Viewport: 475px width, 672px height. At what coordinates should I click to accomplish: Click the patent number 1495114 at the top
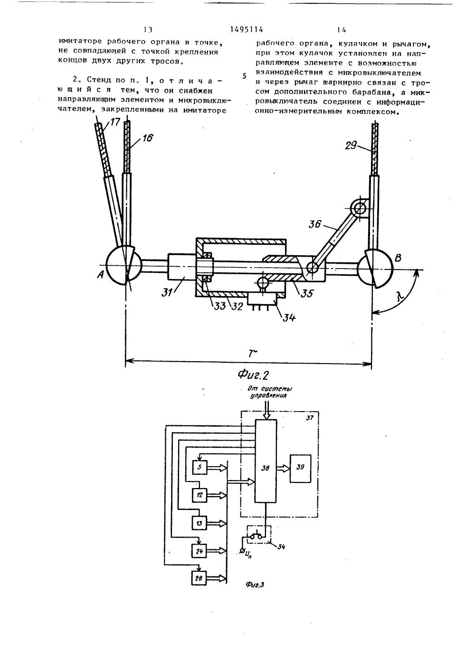247,29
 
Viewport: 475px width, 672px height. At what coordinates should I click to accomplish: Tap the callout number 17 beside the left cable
114,123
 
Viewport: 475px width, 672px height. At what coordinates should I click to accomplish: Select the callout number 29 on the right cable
351,146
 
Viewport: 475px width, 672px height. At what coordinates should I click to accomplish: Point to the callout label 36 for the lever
315,224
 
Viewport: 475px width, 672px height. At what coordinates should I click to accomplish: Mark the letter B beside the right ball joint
399,258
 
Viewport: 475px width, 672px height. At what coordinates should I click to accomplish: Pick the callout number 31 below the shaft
167,292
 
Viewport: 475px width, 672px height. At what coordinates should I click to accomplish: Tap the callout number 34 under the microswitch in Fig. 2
289,317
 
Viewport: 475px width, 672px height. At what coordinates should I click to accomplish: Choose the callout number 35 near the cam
306,293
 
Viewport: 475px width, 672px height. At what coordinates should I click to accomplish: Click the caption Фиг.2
253,374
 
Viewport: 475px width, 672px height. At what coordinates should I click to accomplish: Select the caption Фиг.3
255,584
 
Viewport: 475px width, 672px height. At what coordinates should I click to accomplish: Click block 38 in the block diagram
266,468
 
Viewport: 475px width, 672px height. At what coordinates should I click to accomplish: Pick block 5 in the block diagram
199,467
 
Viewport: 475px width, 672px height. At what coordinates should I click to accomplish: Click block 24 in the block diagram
199,551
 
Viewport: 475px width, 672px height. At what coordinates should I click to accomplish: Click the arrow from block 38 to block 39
283,468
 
